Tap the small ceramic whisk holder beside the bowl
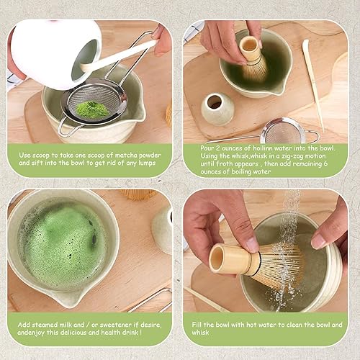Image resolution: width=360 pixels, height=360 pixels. point(217,109)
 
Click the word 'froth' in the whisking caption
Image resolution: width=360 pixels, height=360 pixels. point(224,163)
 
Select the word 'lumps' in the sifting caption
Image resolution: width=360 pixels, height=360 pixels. point(147,163)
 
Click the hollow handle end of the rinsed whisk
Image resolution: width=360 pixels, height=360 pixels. point(217,258)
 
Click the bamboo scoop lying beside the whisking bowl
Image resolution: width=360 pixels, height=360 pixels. point(312,84)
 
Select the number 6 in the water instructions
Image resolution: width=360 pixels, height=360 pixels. point(325,163)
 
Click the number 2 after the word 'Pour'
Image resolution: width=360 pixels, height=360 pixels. point(217,148)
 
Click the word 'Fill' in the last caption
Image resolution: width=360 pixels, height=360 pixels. point(197,325)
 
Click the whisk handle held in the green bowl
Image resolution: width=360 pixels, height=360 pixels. point(250,49)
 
